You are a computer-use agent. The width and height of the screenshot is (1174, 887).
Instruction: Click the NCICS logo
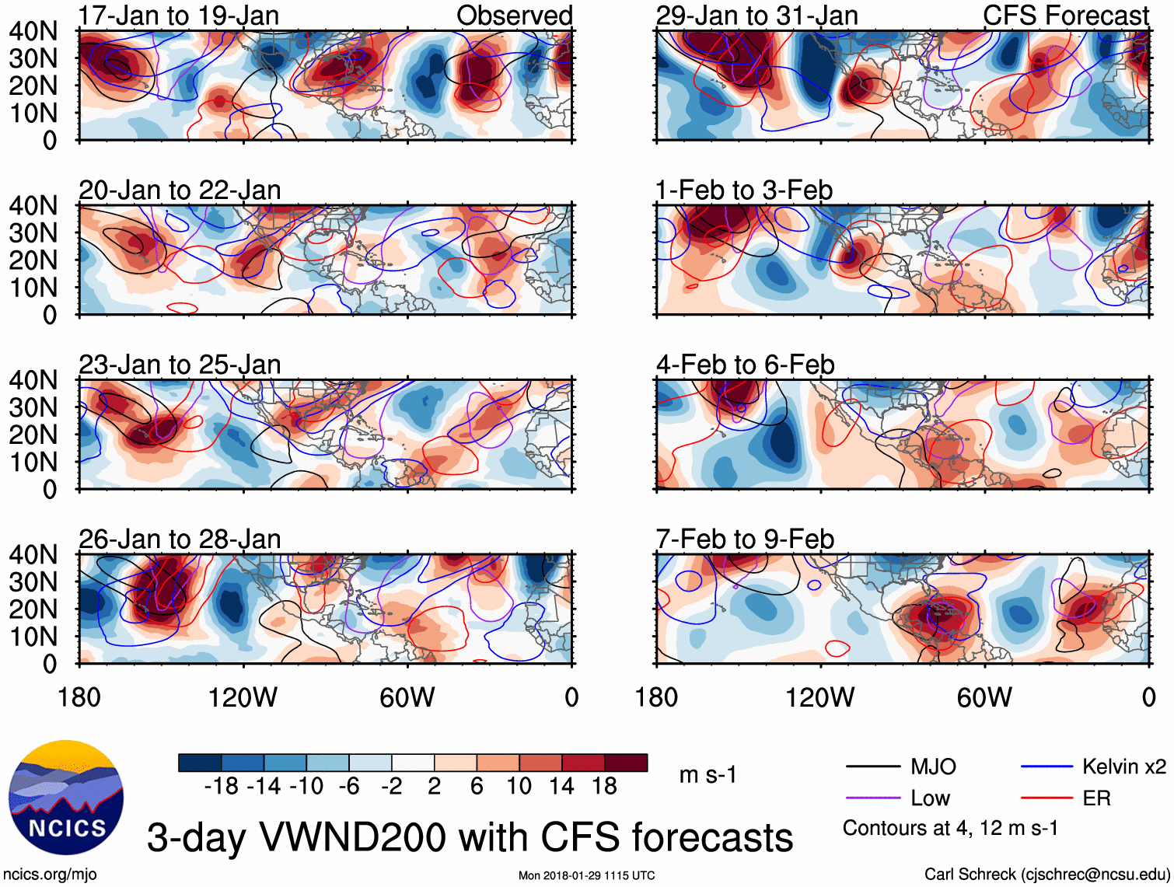tap(65, 797)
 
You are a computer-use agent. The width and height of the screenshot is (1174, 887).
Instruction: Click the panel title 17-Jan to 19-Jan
tap(179, 16)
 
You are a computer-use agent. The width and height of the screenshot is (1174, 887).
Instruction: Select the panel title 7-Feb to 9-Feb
tap(745, 539)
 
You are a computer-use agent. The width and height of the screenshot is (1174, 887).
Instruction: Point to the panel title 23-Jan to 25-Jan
tap(180, 365)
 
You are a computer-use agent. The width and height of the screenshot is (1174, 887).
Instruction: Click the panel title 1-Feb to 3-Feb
tap(744, 190)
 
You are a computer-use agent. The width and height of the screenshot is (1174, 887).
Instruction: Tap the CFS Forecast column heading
tap(1065, 16)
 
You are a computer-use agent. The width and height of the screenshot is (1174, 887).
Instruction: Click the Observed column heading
tap(514, 16)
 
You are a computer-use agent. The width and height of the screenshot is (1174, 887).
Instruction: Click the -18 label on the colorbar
tap(222, 787)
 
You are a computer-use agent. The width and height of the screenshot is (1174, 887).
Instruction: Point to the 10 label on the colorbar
tap(519, 787)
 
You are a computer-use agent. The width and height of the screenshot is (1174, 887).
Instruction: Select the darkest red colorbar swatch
tap(626, 763)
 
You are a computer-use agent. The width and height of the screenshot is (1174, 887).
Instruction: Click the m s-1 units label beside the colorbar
tap(708, 775)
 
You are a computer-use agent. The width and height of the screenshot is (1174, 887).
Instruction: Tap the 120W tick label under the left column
tap(243, 697)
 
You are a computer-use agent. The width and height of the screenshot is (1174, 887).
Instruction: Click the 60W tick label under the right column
tap(984, 697)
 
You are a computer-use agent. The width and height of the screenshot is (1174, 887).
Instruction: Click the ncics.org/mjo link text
tap(50, 875)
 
